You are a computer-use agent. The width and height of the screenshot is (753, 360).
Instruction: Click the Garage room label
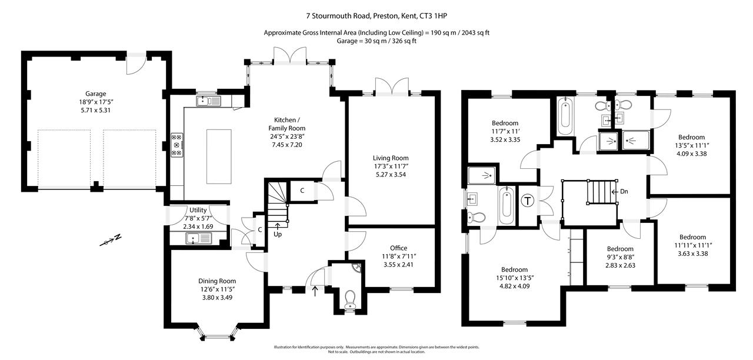click(95, 94)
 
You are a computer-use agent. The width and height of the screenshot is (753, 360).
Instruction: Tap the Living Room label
click(390, 158)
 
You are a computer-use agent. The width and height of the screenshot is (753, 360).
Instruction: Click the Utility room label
click(198, 210)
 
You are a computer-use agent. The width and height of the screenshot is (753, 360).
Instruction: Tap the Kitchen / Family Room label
click(286, 124)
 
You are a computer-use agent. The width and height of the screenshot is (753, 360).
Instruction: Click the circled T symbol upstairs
click(528, 201)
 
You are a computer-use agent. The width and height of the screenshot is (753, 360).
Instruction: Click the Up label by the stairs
click(277, 234)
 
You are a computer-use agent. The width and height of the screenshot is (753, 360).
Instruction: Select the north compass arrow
click(110, 240)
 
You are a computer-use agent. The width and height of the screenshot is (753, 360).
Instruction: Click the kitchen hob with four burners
click(176, 145)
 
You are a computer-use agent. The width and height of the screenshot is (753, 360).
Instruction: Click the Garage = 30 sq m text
click(376, 41)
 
